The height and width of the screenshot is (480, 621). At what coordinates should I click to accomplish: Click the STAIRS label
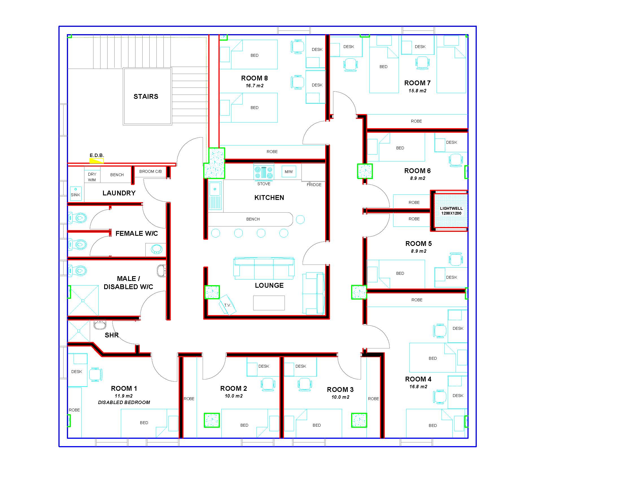tap(146, 97)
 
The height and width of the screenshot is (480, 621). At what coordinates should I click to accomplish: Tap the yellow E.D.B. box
tap(97, 161)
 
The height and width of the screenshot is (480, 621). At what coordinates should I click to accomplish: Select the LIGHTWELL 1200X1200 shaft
tap(451, 211)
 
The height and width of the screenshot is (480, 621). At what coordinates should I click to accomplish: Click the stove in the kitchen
tap(264, 172)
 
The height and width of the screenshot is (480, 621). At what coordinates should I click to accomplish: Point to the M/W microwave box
tap(288, 171)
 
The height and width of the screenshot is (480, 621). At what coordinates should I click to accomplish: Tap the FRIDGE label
tap(314, 185)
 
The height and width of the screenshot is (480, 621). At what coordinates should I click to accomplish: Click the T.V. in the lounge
tap(228, 305)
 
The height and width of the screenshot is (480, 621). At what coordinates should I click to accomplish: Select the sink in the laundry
tap(76, 194)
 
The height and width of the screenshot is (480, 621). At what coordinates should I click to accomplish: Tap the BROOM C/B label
tap(150, 171)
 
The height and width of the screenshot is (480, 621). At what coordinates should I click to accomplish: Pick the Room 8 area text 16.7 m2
tap(255, 86)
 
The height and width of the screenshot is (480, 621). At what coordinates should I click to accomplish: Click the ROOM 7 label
tap(417, 83)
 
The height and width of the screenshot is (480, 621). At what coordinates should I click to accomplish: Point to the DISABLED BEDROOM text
tap(124, 402)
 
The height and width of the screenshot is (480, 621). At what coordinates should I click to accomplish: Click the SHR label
tap(112, 335)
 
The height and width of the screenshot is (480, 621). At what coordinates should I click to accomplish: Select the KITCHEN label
tap(269, 198)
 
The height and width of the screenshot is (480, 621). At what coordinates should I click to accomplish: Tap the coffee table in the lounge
tap(269, 303)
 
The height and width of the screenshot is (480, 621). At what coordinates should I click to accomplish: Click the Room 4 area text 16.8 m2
tap(418, 387)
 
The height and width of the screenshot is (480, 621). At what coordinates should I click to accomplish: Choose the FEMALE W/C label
tap(137, 234)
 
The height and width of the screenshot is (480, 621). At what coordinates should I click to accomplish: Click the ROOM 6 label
tap(417, 171)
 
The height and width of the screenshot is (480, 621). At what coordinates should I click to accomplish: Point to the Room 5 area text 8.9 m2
tap(419, 251)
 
